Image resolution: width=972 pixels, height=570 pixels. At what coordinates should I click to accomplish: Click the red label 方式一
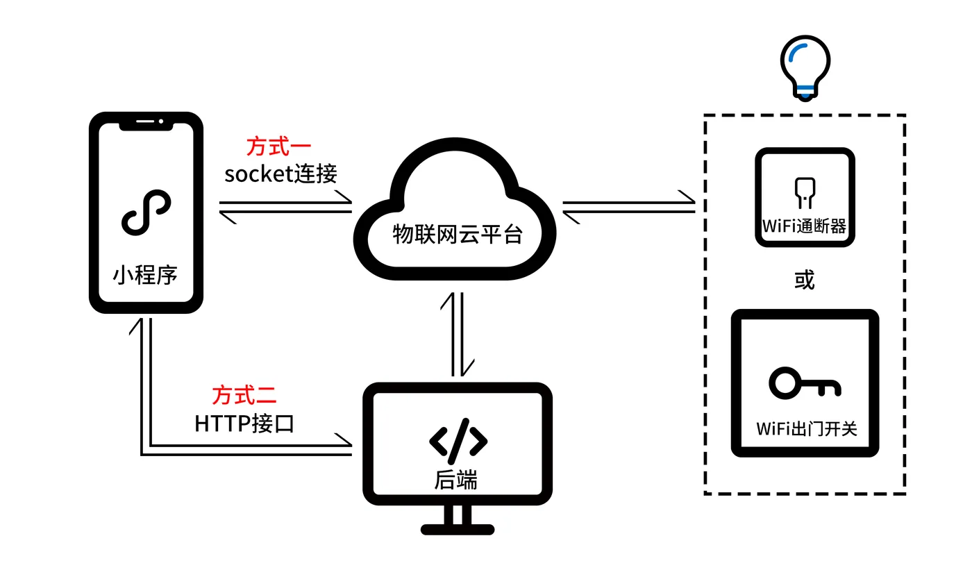278,146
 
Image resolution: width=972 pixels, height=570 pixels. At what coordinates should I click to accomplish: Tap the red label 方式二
244,395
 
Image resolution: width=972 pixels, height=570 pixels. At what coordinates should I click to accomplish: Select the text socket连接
280,174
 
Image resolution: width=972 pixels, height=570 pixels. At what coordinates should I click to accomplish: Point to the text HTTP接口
244,424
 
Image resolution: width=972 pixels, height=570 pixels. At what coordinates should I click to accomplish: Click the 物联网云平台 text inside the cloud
458,235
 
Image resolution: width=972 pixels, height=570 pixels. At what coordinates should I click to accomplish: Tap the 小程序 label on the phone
145,275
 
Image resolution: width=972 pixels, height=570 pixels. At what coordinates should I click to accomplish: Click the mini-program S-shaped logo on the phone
146,212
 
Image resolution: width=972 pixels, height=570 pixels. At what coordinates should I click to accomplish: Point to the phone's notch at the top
146,124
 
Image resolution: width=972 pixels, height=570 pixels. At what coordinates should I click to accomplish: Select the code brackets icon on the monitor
458,441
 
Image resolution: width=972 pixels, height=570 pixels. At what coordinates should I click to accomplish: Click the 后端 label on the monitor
455,480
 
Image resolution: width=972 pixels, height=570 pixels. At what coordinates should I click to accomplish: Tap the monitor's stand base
458,529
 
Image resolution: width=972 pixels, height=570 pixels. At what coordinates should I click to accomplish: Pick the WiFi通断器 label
805,226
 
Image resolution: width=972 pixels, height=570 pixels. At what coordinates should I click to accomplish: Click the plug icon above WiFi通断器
805,192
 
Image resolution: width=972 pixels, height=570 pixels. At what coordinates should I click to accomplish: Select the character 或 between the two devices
805,280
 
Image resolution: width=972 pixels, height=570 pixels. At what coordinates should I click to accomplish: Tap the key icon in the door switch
805,383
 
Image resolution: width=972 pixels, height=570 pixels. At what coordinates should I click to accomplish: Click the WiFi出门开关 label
807,428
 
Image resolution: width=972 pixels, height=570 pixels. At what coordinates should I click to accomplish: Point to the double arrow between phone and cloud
285,207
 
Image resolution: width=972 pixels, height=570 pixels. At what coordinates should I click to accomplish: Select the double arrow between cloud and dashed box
629,207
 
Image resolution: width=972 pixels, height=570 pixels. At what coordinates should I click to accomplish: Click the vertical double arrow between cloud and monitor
458,334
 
